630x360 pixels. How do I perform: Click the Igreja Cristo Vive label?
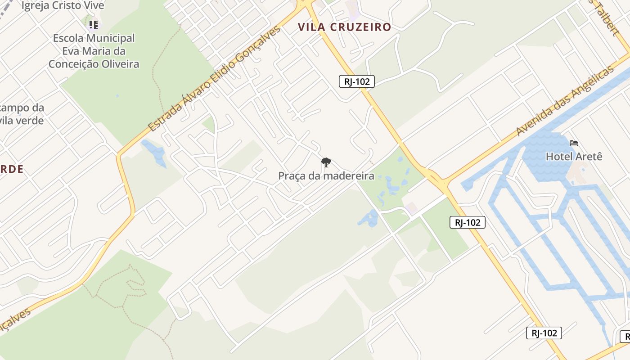click(x=63, y=6)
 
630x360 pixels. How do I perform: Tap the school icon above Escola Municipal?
click(x=93, y=24)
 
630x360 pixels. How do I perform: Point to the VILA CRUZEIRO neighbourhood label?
click(x=344, y=27)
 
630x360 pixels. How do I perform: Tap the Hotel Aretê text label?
click(x=574, y=157)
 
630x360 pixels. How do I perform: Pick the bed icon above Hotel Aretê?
click(x=574, y=143)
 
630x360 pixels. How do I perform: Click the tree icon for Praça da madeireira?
click(x=326, y=162)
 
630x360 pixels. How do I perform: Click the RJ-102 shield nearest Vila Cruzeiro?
click(x=356, y=81)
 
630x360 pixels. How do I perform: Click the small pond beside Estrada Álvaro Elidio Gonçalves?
click(x=154, y=152)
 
